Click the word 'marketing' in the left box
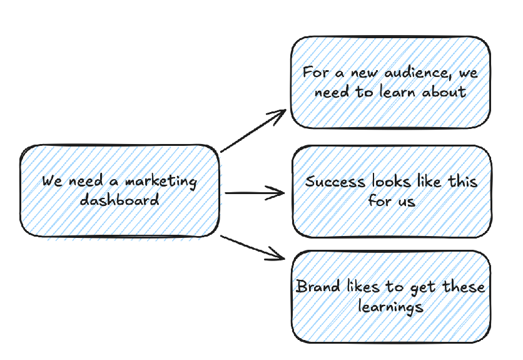pos(161,182)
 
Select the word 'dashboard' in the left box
pos(119,200)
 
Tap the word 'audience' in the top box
pos(408,73)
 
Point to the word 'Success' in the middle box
pos(335,182)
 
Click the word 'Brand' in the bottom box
pos(318,287)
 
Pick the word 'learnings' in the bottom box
pos(390,307)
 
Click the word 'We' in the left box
pos(52,182)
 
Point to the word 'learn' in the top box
pos(397,91)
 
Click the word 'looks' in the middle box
pos(391,182)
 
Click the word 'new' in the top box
pos(362,73)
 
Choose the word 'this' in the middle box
pos(463,182)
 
